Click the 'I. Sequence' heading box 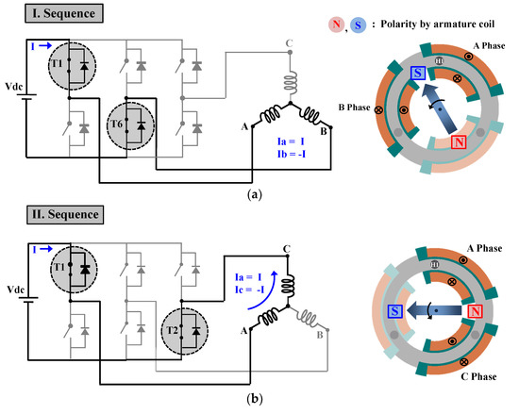(x=50, y=17)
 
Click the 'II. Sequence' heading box (x=53, y=214)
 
